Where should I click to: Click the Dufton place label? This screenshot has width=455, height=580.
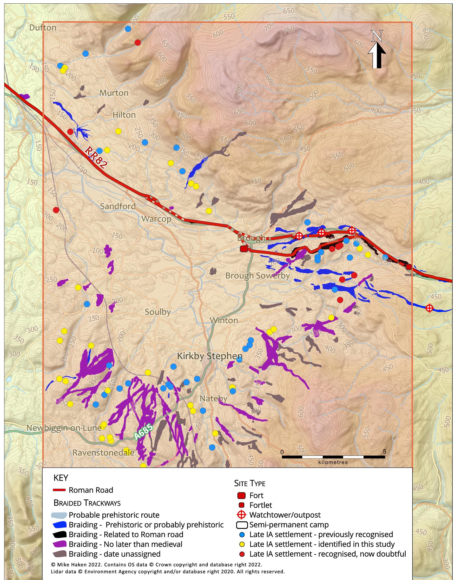tap(43, 28)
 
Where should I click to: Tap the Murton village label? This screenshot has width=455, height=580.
tap(114, 93)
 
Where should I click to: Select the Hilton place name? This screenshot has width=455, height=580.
tap(124, 115)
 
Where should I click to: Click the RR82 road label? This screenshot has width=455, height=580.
tap(96, 157)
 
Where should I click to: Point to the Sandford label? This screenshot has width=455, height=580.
tap(118, 206)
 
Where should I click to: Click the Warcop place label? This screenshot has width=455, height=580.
tap(156, 219)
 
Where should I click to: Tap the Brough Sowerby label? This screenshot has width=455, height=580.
tap(257, 275)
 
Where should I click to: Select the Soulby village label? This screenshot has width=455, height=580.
tap(157, 312)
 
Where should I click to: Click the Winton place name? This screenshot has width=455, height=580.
tap(224, 320)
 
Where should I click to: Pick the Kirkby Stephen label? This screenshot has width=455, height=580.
tap(210, 356)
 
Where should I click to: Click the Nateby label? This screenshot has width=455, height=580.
tap(213, 399)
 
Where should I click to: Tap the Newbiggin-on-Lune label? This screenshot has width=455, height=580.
tap(64, 428)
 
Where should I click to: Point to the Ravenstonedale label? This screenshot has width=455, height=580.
tap(103, 453)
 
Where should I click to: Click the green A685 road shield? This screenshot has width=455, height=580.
tap(143, 431)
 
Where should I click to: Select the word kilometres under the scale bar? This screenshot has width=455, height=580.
tap(333, 463)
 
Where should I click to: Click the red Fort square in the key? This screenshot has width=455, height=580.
tap(241, 496)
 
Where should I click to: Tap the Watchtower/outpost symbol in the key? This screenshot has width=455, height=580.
tap(241, 515)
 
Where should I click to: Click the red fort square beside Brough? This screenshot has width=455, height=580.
tap(244, 249)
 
